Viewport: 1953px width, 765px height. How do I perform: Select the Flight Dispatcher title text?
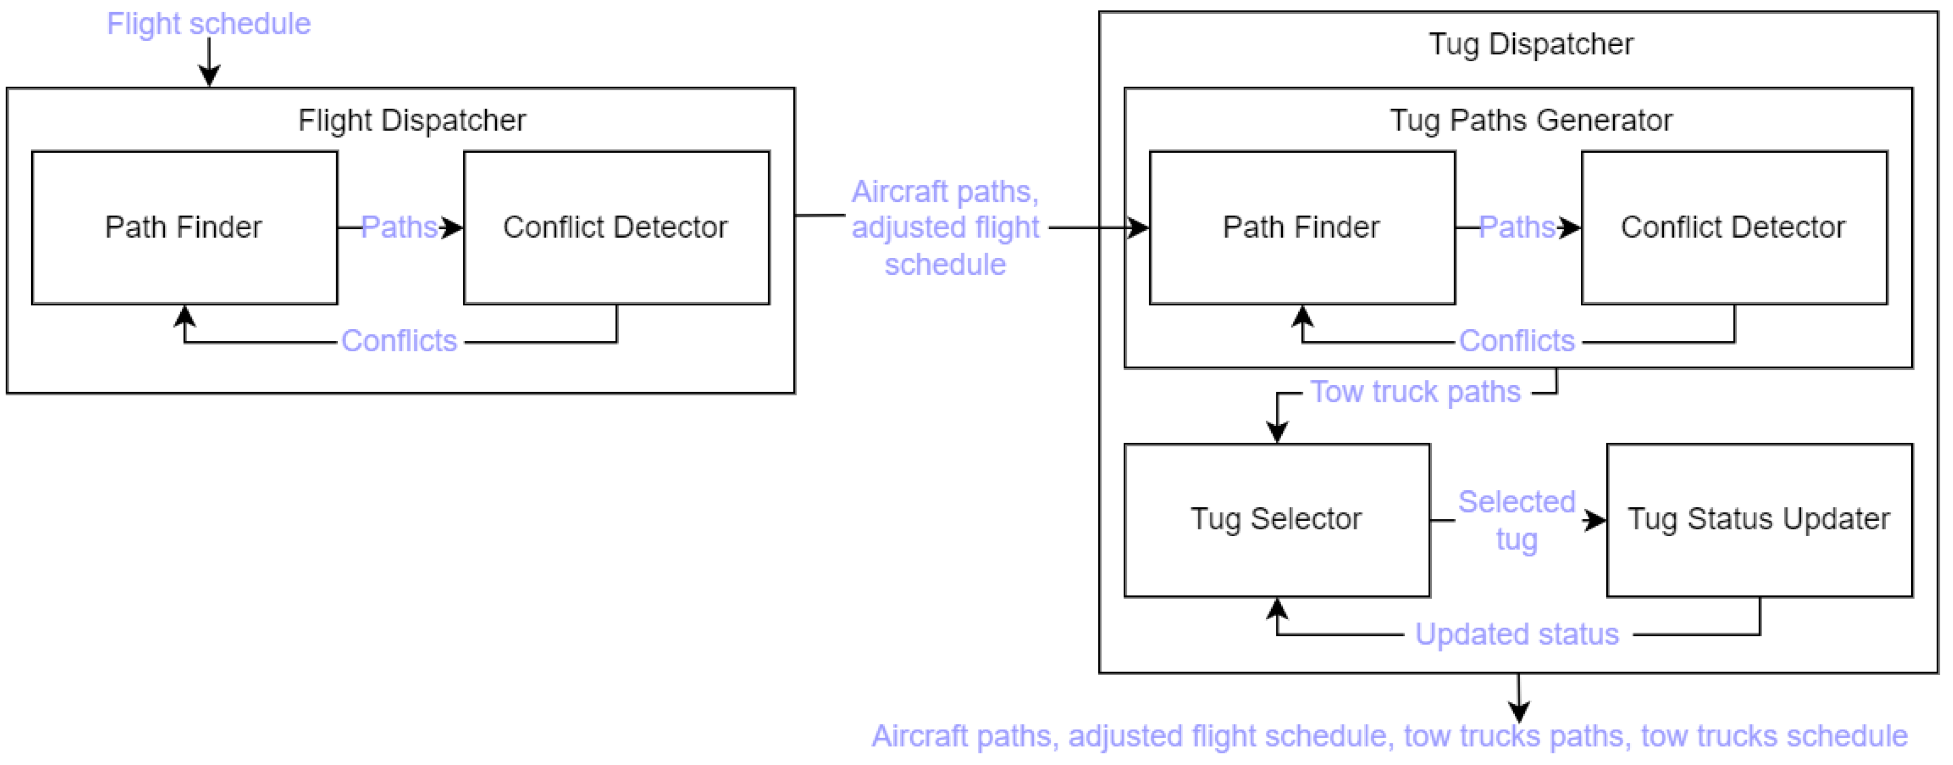pos(412,120)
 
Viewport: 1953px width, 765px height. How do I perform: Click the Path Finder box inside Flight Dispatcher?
pos(184,228)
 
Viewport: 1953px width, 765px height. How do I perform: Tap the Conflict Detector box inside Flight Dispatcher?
pos(616,228)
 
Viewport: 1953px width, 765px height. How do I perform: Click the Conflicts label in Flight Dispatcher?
pos(399,341)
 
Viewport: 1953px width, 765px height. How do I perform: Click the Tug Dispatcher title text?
pos(1531,44)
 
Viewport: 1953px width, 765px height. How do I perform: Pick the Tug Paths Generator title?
pos(1531,120)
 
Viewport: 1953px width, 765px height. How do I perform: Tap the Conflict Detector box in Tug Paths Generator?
pos(1733,228)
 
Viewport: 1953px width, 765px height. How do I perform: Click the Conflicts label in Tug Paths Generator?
pos(1516,341)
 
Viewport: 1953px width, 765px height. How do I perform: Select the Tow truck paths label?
pos(1415,392)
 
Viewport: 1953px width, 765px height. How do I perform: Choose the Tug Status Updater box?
pos(1759,519)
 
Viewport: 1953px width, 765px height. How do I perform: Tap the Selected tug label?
pos(1516,520)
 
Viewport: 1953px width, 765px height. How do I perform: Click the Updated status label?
pos(1516,634)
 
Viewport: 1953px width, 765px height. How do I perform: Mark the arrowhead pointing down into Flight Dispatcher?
pos(209,76)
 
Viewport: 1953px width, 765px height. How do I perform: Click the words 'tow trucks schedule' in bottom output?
pos(1774,736)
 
